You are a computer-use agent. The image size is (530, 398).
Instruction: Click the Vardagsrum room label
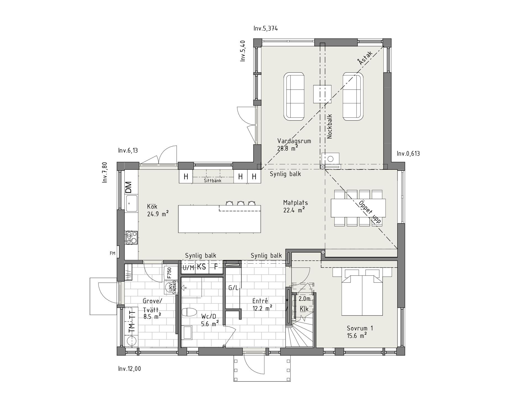(294, 141)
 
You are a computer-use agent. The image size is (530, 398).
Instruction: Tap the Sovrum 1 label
(360, 328)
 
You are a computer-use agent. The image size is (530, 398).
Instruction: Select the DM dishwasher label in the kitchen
(129, 187)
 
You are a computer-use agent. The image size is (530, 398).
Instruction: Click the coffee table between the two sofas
(322, 94)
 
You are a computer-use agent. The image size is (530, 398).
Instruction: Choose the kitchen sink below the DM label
(131, 203)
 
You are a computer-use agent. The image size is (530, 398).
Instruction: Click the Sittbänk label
(213, 181)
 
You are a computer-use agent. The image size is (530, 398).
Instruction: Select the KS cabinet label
(202, 267)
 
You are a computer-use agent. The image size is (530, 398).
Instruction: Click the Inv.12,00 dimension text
(129, 369)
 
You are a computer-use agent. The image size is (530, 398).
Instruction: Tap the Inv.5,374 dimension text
(266, 28)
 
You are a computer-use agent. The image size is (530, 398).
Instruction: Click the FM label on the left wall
(112, 253)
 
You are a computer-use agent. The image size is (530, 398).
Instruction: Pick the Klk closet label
(304, 309)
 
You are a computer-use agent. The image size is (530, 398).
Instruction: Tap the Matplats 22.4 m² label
(295, 206)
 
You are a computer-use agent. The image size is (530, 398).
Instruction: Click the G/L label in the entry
(233, 288)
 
